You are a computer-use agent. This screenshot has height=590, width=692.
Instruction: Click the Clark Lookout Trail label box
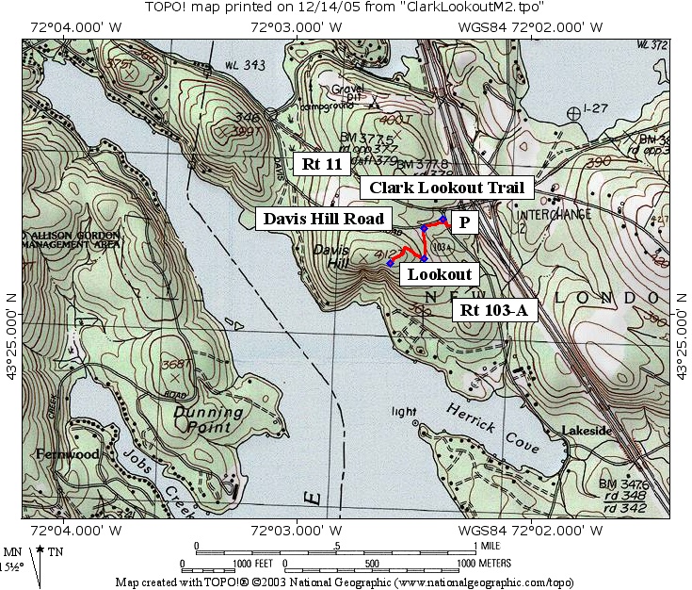[446, 188]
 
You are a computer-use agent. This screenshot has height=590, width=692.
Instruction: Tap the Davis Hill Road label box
[323, 219]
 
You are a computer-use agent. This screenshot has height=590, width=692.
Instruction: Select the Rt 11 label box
[321, 164]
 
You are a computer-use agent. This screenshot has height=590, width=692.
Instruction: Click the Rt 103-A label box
[495, 309]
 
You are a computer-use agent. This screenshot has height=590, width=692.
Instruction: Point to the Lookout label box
[439, 273]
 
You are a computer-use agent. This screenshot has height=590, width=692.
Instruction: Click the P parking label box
[464, 221]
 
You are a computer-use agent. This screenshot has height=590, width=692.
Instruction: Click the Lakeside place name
[587, 431]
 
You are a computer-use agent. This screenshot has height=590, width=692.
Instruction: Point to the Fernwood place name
[68, 454]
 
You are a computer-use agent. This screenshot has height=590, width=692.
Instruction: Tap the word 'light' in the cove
[404, 412]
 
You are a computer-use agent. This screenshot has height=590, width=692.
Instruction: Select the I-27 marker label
[598, 109]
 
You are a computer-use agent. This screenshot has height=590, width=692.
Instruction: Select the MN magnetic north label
[13, 552]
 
